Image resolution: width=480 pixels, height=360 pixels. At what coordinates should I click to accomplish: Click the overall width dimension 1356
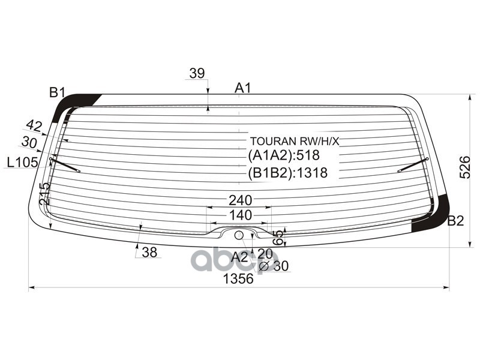[238, 279]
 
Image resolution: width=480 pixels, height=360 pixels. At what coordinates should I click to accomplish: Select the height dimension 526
[465, 167]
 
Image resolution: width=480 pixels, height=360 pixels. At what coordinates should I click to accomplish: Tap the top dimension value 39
[197, 73]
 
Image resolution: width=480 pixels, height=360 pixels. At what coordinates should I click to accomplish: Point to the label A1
[242, 88]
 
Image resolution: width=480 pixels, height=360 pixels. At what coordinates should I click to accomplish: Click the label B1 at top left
[57, 92]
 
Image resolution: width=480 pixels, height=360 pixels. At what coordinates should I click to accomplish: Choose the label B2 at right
[455, 221]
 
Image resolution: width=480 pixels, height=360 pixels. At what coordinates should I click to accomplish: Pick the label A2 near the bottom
[239, 257]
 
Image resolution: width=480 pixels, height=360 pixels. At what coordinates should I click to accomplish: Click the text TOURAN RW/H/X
[295, 142]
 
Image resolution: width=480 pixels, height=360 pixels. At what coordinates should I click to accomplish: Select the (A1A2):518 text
[284, 155]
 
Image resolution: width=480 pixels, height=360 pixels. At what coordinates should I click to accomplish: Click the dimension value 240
[240, 200]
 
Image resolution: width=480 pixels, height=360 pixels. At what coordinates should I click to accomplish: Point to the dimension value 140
[239, 215]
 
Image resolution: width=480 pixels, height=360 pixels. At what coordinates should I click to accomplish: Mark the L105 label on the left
[23, 162]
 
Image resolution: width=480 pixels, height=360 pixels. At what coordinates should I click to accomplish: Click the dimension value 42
[34, 125]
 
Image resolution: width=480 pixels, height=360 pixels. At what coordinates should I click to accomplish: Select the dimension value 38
[149, 253]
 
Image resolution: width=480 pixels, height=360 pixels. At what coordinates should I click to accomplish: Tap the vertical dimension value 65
[277, 237]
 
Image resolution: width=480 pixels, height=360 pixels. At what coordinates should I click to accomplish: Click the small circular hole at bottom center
[238, 235]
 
